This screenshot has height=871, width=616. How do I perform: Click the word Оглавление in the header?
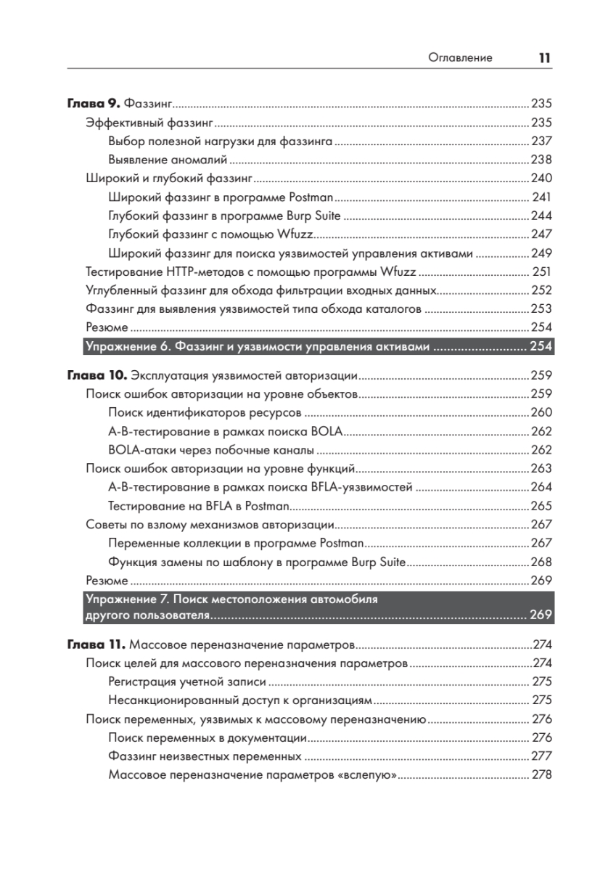point(460,58)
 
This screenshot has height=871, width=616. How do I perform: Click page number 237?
point(541,141)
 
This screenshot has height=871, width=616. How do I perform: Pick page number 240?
point(541,179)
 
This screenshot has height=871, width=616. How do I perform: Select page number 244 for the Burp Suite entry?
point(541,216)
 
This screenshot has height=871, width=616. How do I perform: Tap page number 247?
point(541,234)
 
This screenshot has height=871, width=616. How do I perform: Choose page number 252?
point(541,290)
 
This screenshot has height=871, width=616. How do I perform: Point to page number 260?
point(541,412)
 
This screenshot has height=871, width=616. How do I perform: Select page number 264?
point(541,487)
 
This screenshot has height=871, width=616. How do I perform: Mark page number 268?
point(541,562)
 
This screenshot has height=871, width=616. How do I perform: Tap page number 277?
point(541,756)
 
